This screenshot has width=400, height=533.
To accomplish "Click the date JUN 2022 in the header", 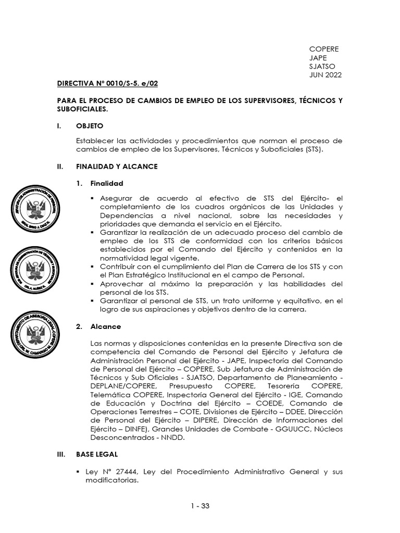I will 326,75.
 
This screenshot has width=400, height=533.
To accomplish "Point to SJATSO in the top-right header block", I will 322,66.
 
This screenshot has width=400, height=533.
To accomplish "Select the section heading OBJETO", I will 90,126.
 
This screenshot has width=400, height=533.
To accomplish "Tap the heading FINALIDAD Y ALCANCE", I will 117,167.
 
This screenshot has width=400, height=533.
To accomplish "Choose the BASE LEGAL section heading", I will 96,454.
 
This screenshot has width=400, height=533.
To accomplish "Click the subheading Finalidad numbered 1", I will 106,184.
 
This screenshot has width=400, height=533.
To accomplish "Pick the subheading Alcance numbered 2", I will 105,326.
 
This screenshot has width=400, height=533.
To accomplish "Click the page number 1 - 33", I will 199,505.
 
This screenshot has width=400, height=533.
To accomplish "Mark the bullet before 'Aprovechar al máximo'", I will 92,284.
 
